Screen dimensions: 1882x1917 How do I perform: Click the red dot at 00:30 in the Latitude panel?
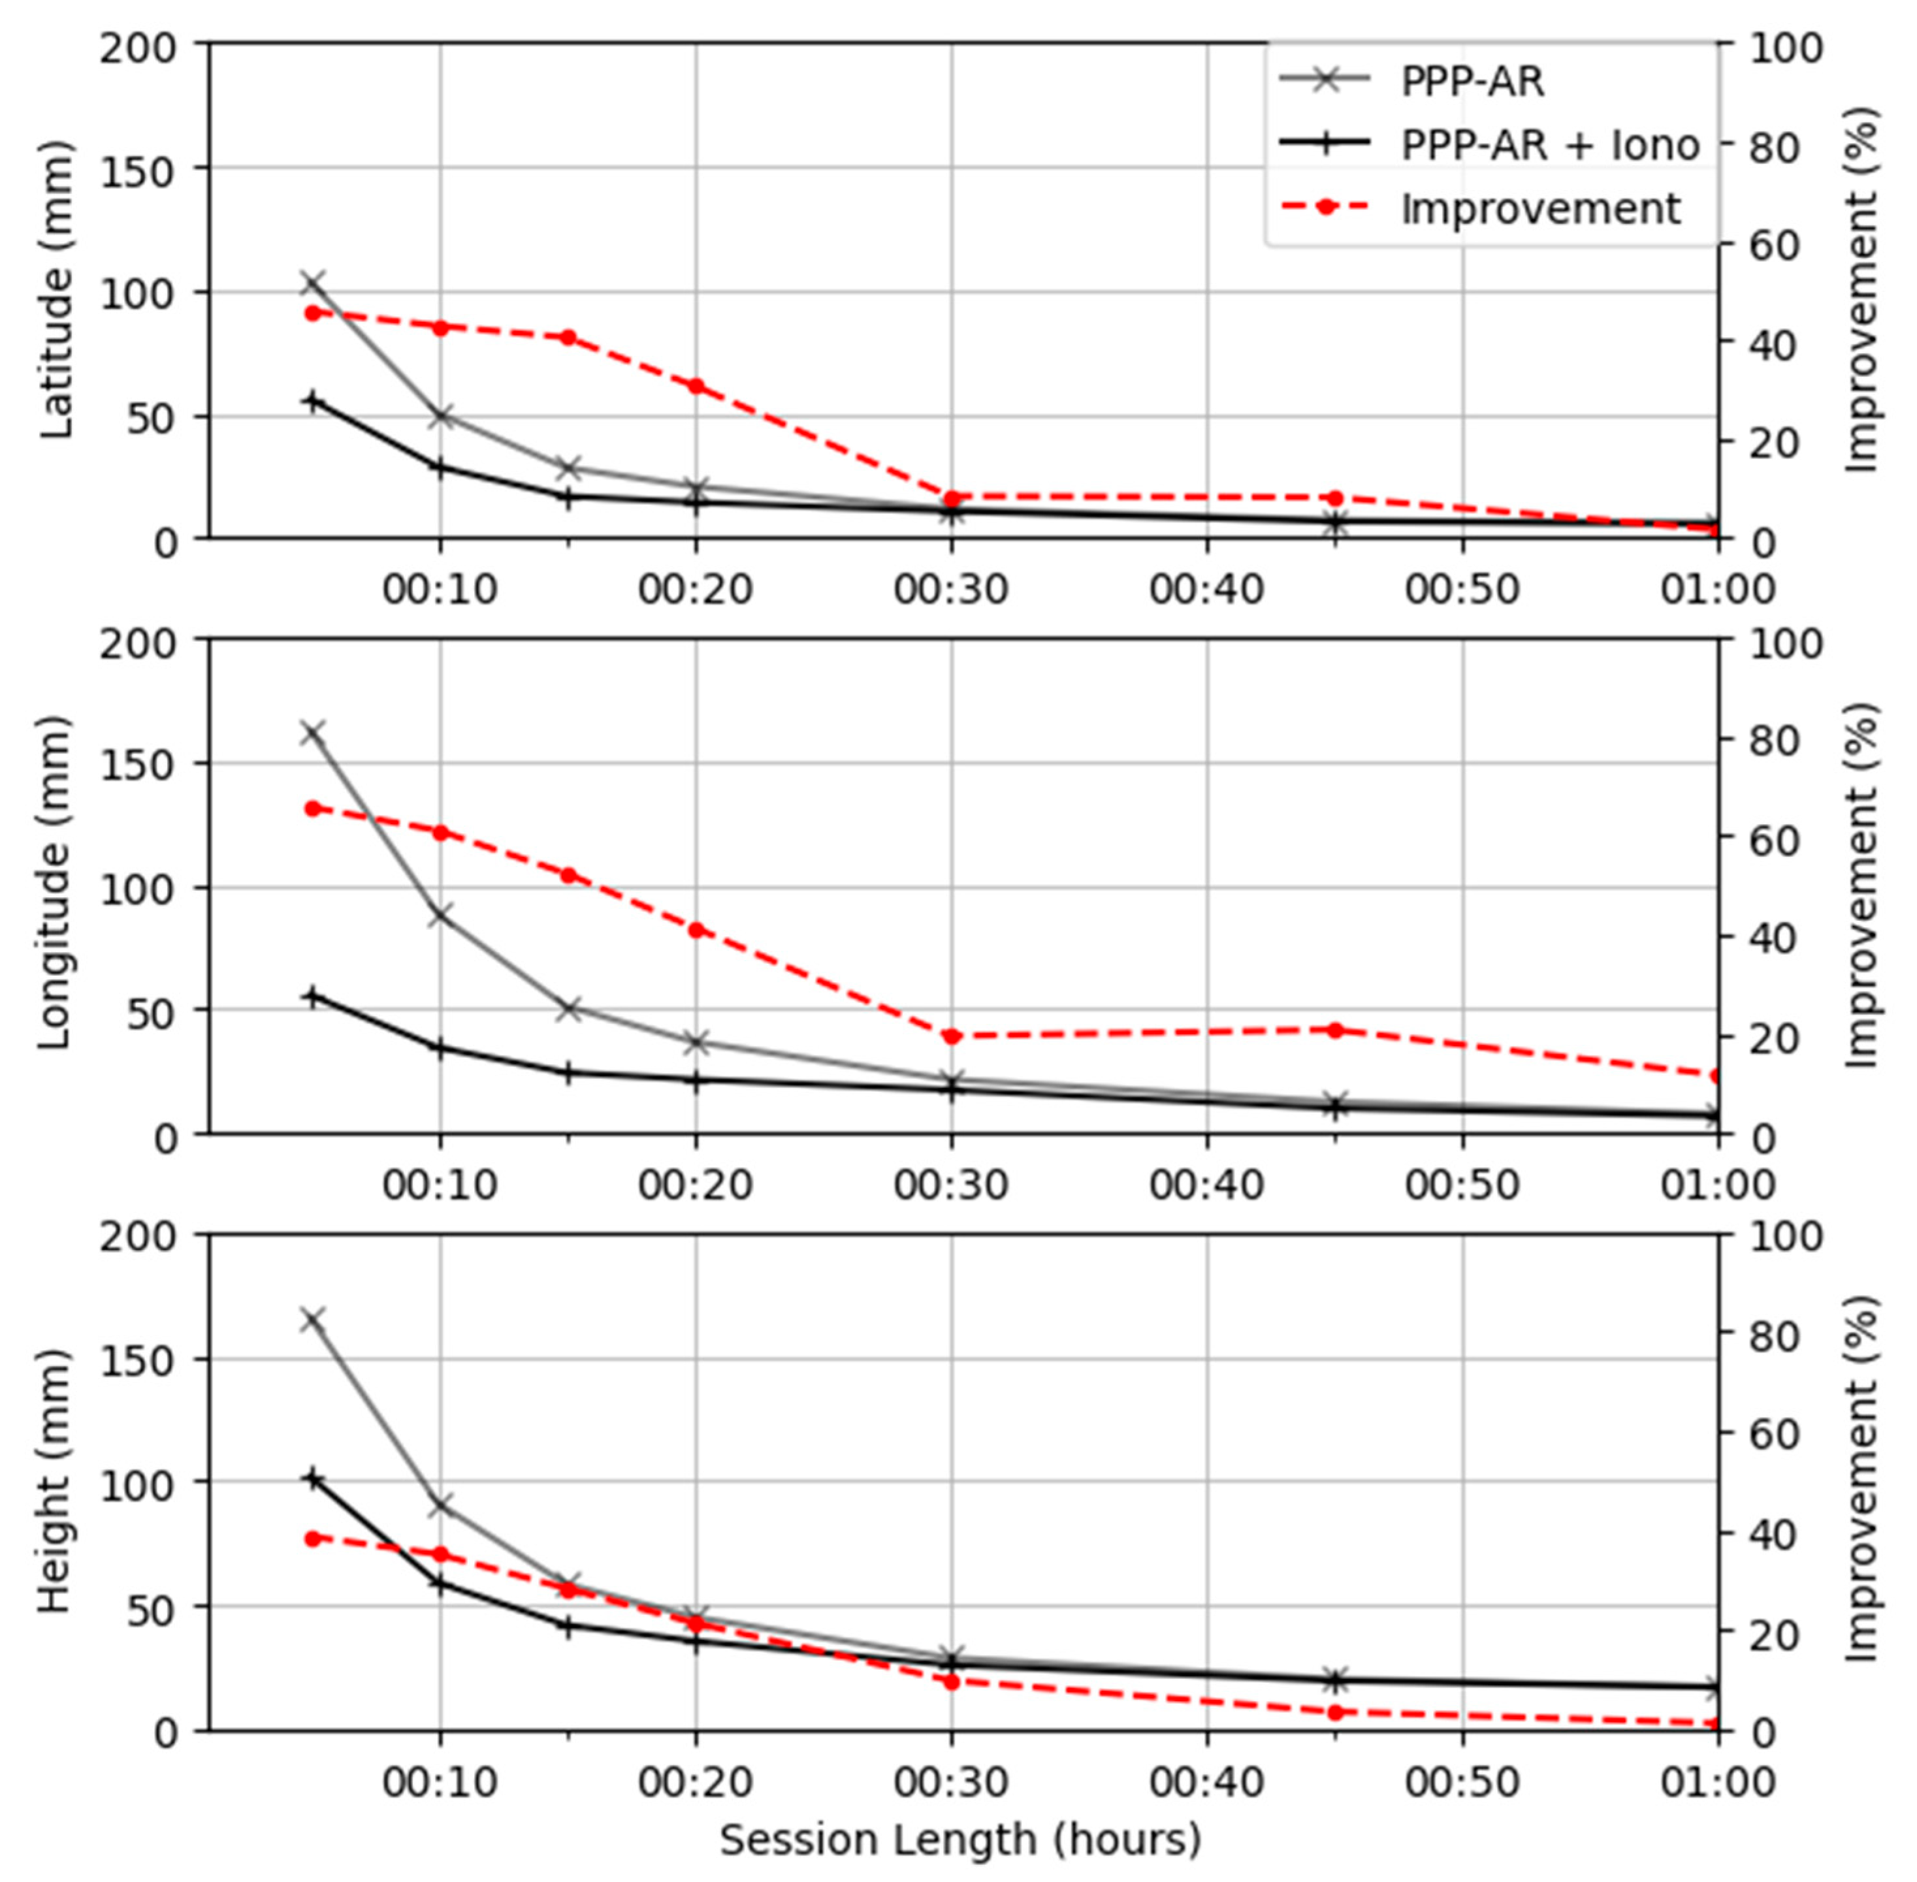951,498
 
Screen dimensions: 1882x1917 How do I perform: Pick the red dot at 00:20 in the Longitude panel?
696,930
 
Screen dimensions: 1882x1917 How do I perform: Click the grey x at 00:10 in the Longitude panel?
440,916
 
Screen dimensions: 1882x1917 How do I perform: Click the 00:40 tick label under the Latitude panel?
1206,590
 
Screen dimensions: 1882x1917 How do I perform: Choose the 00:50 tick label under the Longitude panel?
1462,1184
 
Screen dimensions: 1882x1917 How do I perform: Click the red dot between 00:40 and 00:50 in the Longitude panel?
1334,1030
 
